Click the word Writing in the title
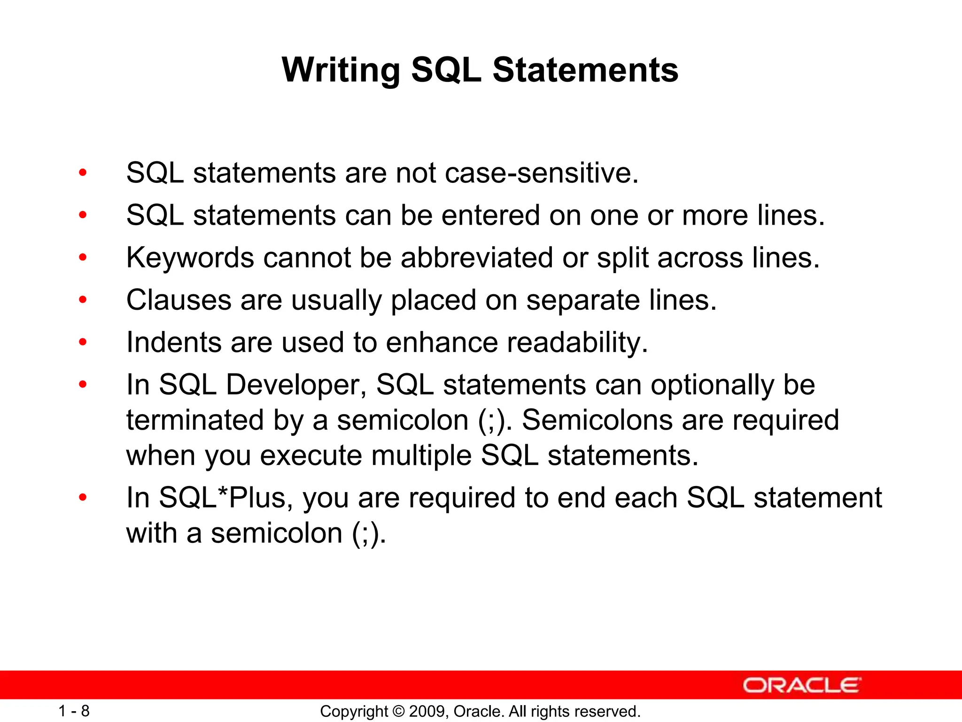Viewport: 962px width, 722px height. pos(341,71)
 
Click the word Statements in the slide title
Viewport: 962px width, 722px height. pos(585,71)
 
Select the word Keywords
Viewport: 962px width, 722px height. pos(190,258)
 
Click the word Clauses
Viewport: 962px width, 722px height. pos(178,300)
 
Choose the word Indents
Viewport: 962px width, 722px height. pos(173,342)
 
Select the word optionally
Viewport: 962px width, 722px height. pos(712,385)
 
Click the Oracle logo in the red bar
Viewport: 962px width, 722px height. pos(801,685)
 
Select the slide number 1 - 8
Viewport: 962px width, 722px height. pos(74,711)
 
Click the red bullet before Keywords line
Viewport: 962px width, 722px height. pos(83,258)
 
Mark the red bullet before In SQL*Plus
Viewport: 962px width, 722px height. pos(83,497)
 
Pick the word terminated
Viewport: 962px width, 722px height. pos(195,420)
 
